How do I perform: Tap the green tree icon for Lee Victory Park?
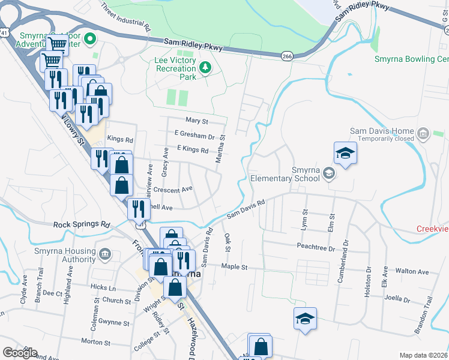pos(206,67)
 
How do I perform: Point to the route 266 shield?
pos(287,55)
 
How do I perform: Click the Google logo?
pos(20,353)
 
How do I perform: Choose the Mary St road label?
pos(196,121)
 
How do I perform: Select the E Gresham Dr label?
pos(194,136)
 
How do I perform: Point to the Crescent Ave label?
pos(173,188)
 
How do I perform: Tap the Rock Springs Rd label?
pos(82,224)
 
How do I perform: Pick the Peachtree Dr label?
pos(315,247)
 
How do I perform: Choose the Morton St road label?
pos(94,341)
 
